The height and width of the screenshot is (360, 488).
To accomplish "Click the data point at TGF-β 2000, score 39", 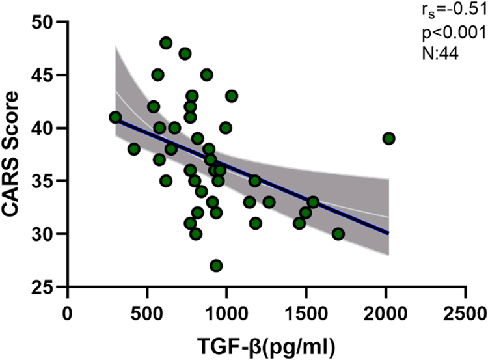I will tap(388, 138).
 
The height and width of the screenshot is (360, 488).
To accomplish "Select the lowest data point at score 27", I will tap(216, 266).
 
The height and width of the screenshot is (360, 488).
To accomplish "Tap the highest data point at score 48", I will tap(166, 43).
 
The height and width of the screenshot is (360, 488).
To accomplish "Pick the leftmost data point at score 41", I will tap(115, 117).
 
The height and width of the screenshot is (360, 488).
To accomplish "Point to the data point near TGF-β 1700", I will tap(338, 234).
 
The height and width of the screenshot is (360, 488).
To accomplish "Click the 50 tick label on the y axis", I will tap(44, 22).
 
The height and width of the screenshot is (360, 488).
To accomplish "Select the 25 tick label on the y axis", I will tap(44, 286).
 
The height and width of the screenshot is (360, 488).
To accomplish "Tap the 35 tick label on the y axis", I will tap(44, 181).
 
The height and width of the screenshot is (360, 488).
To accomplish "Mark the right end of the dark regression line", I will tap(388, 233).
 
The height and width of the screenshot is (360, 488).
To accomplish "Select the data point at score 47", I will tap(185, 53).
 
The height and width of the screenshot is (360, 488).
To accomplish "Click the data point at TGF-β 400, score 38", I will tap(134, 149).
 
